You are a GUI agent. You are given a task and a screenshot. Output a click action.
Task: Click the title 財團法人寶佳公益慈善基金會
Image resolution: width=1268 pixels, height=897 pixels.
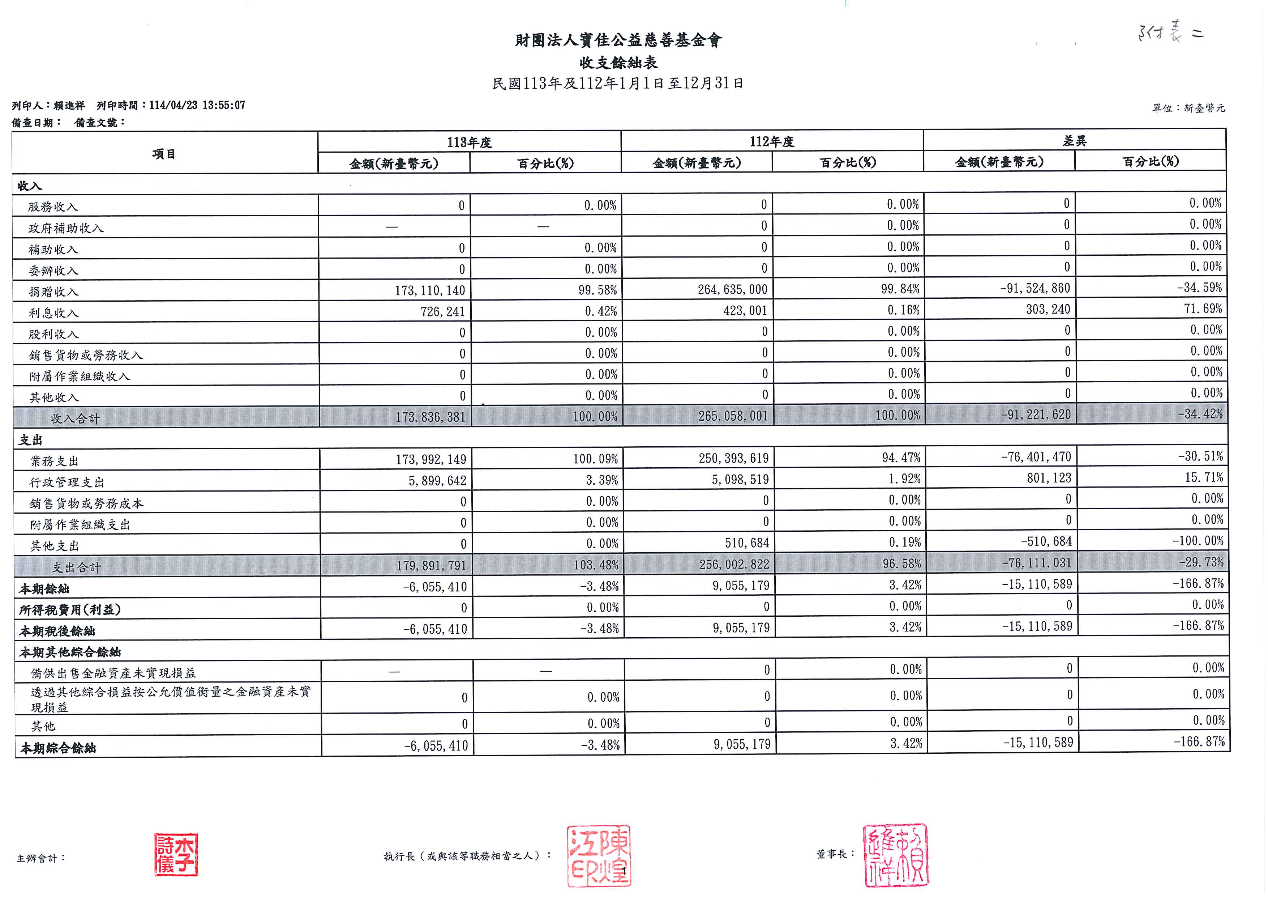(x=618, y=41)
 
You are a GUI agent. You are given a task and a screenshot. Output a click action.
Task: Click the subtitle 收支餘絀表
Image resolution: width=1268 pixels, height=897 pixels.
(x=618, y=63)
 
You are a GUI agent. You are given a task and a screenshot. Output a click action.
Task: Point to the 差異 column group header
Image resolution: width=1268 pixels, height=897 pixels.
(x=1074, y=141)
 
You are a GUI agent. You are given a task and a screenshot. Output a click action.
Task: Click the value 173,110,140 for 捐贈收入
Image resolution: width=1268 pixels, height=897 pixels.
(x=430, y=290)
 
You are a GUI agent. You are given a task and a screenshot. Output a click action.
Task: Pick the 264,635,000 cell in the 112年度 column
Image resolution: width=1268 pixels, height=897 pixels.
(x=732, y=289)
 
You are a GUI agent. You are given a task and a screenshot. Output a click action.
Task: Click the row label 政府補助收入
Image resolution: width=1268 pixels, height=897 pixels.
(x=66, y=228)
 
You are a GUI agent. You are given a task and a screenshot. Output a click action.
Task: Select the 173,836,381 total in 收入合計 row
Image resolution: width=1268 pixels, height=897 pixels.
(x=430, y=417)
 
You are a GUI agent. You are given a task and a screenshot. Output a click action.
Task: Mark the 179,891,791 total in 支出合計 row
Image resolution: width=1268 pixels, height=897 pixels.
(x=431, y=565)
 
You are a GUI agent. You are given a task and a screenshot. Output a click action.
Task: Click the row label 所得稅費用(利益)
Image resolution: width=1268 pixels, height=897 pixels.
(x=70, y=609)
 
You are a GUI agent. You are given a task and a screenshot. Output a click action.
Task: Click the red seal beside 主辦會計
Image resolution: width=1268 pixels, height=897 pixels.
(x=176, y=854)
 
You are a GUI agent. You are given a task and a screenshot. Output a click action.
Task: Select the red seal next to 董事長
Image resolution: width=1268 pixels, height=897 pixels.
(x=895, y=854)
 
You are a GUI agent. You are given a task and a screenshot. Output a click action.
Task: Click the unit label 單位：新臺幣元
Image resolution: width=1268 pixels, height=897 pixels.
(x=1188, y=108)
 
